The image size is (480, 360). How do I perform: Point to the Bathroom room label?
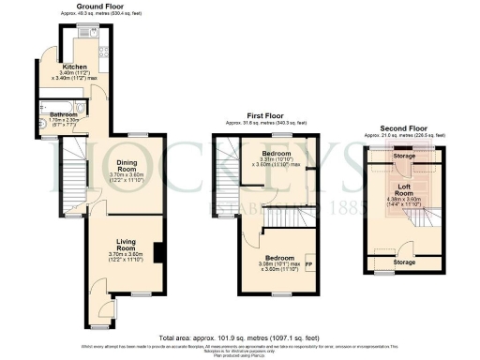pos(65,115)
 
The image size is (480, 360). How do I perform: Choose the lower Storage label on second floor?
pos(406,262)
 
